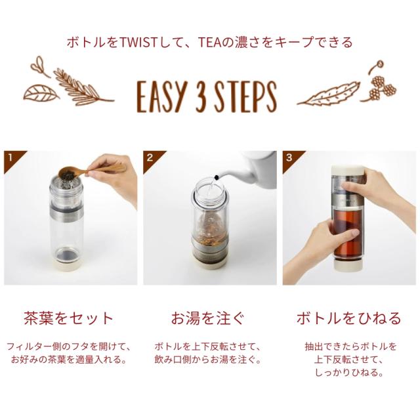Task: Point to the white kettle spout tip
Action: [x=217, y=177]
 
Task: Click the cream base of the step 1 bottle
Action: [x=67, y=264]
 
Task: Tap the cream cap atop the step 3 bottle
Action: [x=347, y=171]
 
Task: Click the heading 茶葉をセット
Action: [x=68, y=318]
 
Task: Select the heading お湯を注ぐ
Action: [x=207, y=318]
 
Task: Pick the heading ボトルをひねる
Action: [x=348, y=318]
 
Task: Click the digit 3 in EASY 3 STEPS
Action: [x=201, y=96]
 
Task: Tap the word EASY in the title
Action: [x=161, y=96]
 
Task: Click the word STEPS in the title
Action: [x=245, y=96]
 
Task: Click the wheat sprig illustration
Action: [x=83, y=87]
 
